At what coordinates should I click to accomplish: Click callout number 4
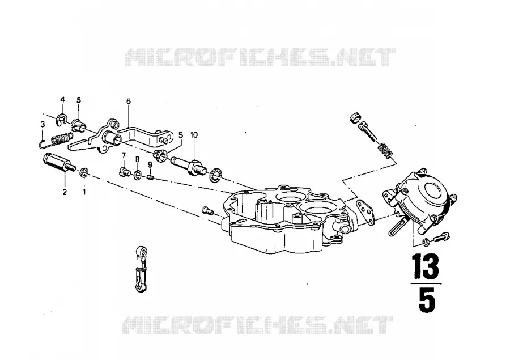(62, 99)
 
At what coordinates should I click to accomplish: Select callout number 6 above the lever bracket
(129, 101)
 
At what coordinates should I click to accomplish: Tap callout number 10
(194, 135)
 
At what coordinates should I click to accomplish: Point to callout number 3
(42, 124)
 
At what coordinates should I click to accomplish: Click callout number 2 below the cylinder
(65, 192)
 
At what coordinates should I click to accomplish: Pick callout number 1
(84, 192)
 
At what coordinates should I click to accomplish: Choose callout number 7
(124, 155)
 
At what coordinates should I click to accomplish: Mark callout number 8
(137, 159)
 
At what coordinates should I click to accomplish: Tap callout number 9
(150, 164)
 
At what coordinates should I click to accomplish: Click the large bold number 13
(426, 266)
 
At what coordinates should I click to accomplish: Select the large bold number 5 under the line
(427, 301)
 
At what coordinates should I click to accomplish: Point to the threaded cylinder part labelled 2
(58, 163)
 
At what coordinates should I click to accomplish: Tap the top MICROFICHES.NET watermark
(260, 57)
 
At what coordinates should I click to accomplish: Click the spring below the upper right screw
(386, 150)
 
